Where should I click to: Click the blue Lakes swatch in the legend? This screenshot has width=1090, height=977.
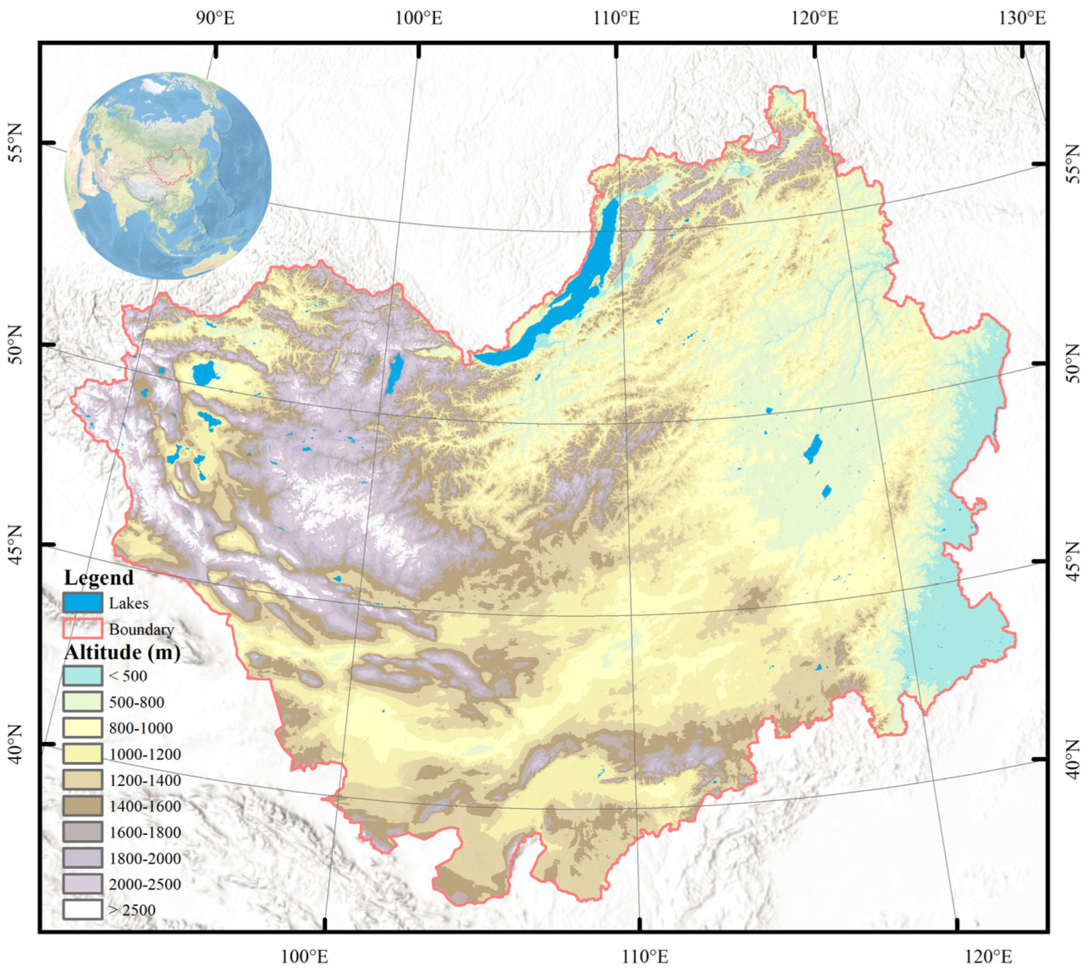coord(82,603)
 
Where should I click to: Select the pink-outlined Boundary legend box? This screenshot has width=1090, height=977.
coord(82,629)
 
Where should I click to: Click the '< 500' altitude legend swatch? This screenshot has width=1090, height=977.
coord(82,675)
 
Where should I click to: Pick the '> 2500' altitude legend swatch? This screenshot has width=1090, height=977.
coord(82,909)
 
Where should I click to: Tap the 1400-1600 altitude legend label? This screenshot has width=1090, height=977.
coord(145,806)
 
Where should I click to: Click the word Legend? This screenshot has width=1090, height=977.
coord(99,577)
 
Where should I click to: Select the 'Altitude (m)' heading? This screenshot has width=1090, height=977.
coord(122,652)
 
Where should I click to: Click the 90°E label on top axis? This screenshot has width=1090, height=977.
coord(215,18)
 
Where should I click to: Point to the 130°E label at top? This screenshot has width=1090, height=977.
coord(1022,18)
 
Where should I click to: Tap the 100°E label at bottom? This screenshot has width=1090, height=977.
coord(304,956)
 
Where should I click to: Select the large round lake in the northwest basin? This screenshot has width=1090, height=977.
coord(204,374)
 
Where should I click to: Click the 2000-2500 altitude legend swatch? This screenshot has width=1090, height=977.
coord(82,883)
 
